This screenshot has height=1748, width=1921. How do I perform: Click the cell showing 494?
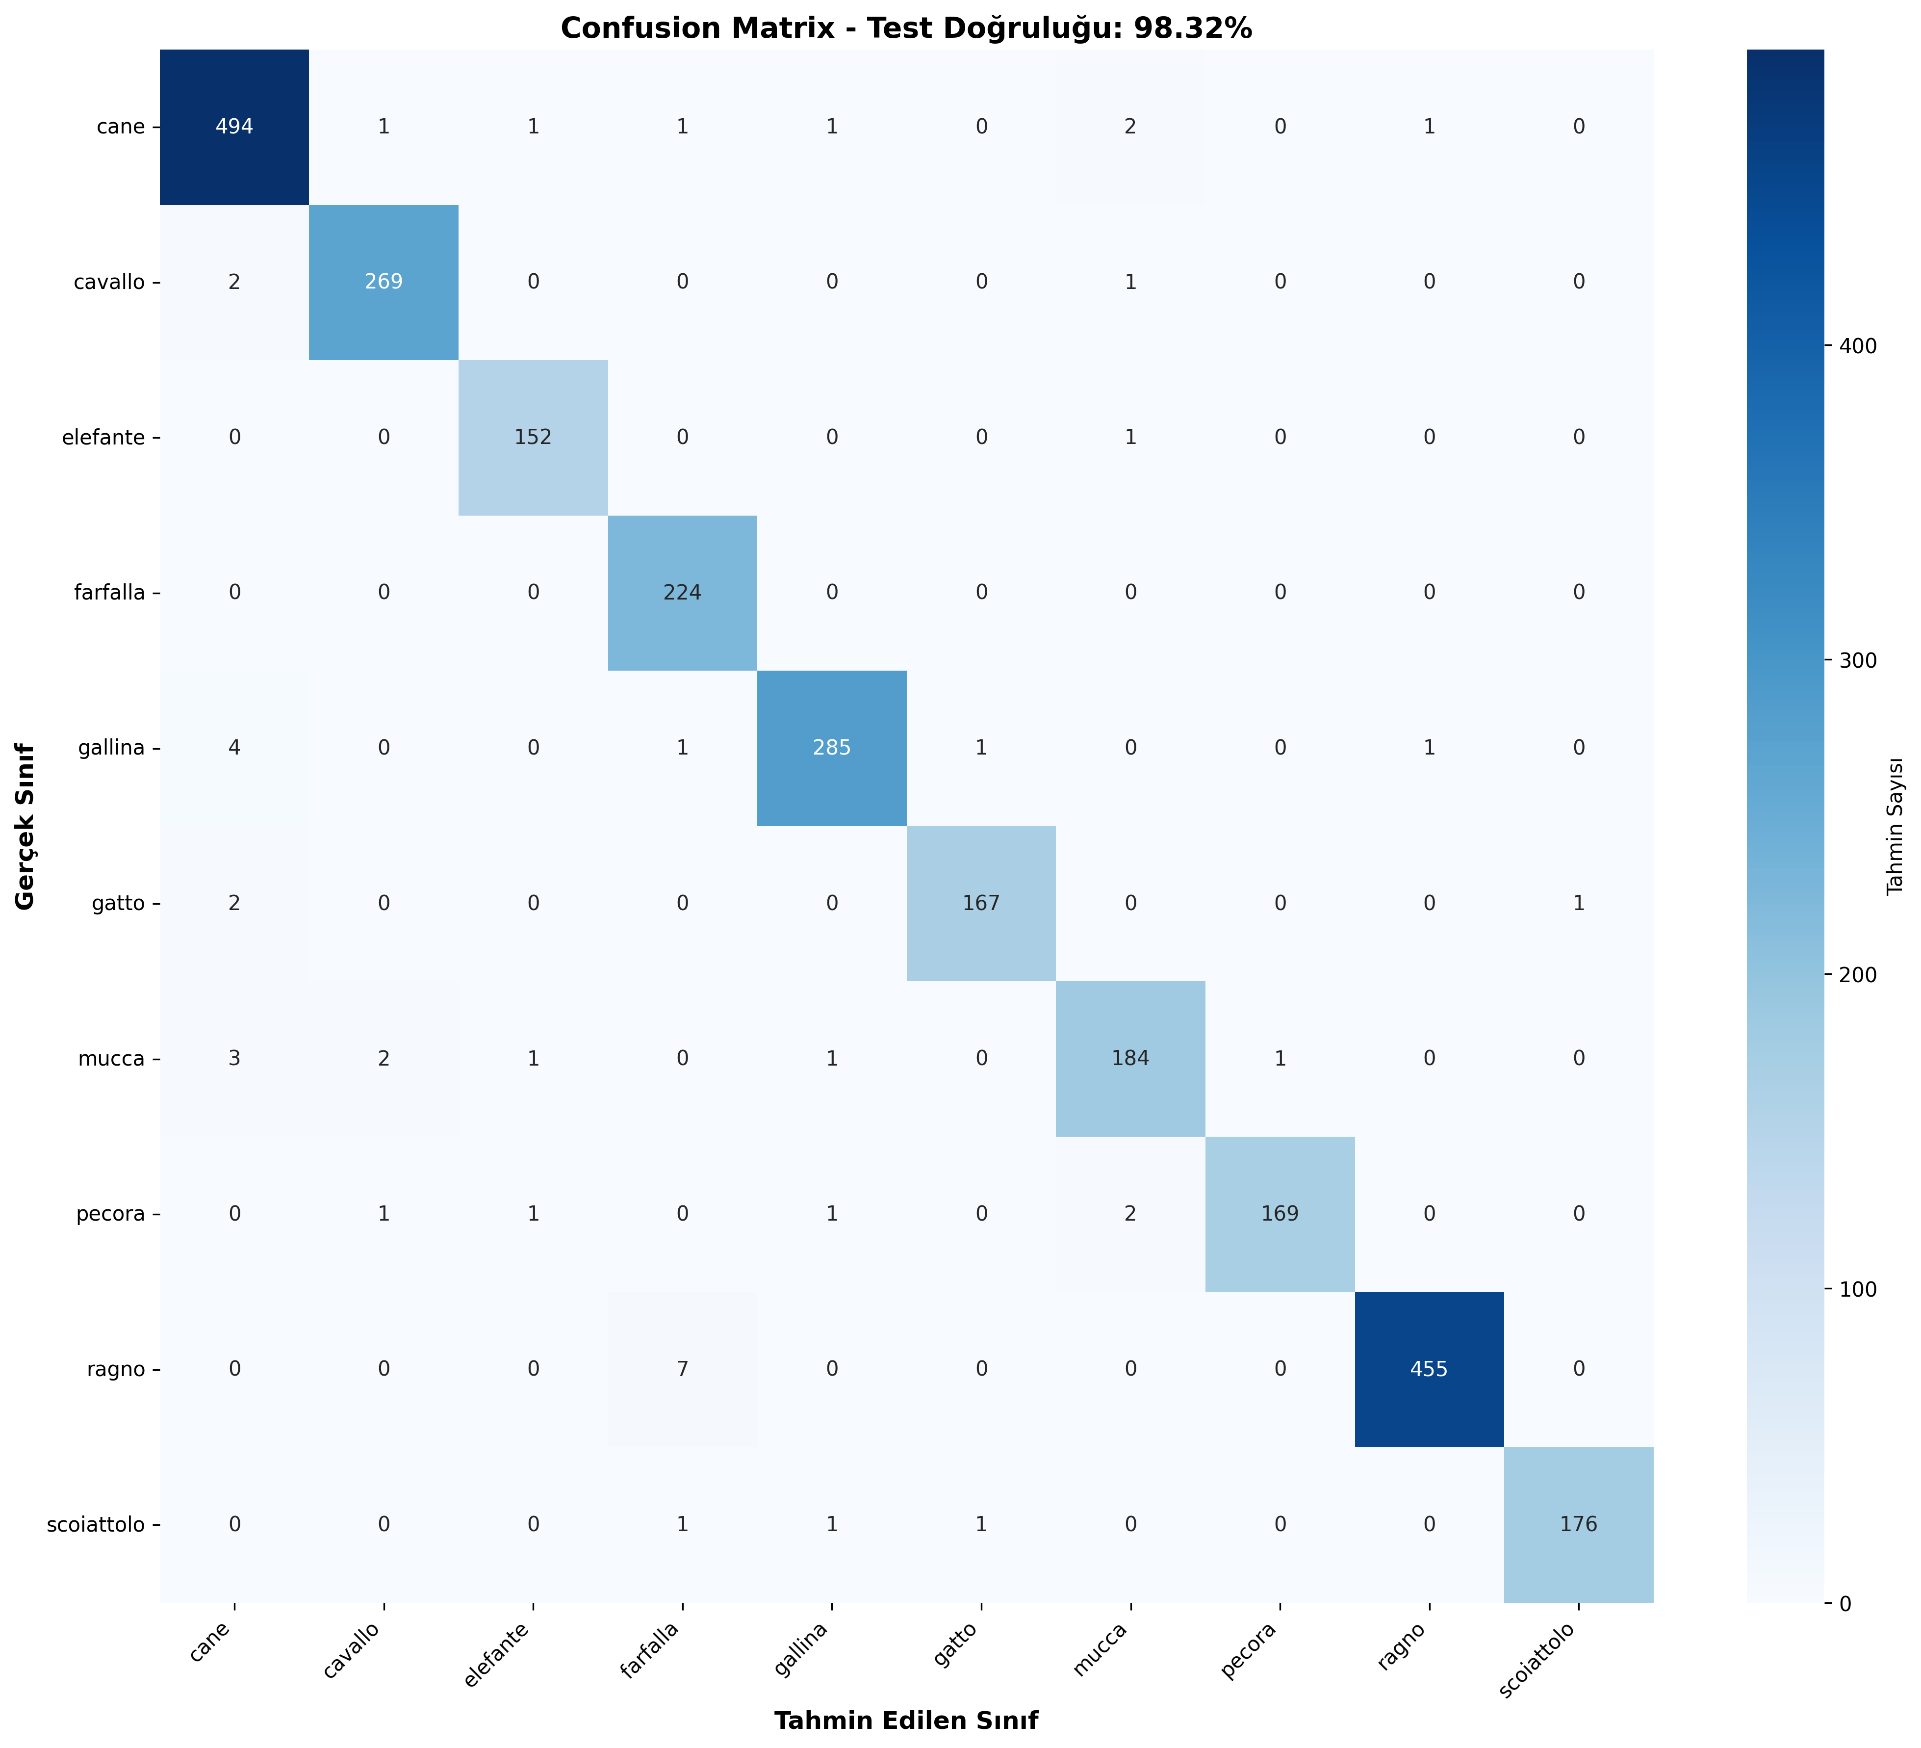coord(234,127)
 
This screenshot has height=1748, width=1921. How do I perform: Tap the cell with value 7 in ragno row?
coord(682,1370)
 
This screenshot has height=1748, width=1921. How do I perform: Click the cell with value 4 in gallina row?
coord(234,748)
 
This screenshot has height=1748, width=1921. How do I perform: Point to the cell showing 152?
coord(533,438)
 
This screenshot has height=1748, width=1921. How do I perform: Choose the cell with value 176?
coord(1578,1524)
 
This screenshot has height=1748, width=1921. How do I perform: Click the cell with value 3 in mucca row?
coord(234,1059)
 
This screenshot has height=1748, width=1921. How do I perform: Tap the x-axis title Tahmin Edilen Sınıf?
coord(905,1721)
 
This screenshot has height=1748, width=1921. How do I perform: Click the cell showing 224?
coord(682,593)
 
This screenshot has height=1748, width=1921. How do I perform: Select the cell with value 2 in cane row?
coord(1130,127)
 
